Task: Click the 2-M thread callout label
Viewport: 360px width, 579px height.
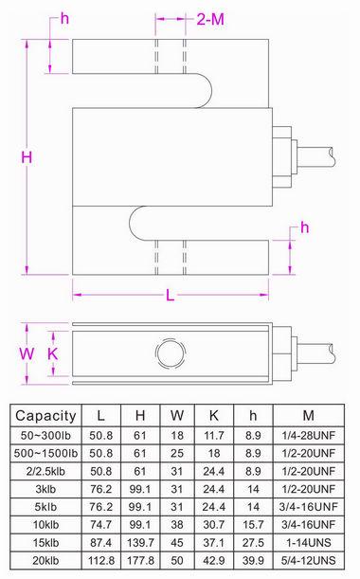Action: coord(210,18)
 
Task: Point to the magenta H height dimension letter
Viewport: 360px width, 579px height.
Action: coord(27,156)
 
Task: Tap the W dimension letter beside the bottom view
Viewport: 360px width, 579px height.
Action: coord(27,353)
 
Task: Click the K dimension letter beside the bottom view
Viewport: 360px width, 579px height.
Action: coord(53,353)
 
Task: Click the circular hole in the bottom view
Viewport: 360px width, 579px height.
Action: coord(171,353)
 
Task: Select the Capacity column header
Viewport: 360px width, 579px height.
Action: coord(45,415)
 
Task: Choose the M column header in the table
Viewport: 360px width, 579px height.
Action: coord(310,415)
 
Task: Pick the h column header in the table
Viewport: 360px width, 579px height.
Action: coord(252,415)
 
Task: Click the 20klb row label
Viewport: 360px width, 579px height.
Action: coord(45,560)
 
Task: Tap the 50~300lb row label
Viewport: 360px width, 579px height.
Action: coord(45,434)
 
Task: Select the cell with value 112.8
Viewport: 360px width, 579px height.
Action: coord(101,560)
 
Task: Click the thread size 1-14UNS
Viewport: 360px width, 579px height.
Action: coord(310,542)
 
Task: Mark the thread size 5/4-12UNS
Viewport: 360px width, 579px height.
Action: coord(310,560)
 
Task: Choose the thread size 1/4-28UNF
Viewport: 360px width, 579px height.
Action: coord(310,434)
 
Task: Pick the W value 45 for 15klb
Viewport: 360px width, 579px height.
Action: coord(177,542)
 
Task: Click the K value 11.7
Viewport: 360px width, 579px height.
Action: coord(213,434)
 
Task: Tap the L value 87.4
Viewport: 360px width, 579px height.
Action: coord(101,542)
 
